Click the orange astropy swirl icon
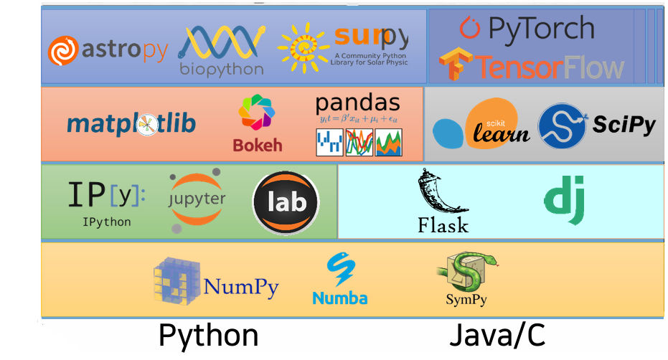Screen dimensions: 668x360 (x=64, y=51)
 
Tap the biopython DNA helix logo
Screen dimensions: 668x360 (x=221, y=44)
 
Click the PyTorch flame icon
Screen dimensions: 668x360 (x=470, y=28)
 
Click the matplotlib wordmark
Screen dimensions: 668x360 (x=131, y=124)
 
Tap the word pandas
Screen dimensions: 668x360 (x=358, y=102)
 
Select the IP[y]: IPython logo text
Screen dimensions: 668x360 (x=105, y=194)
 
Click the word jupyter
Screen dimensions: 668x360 (x=196, y=199)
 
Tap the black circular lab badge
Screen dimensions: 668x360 (x=286, y=202)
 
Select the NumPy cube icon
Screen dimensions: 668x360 (x=175, y=281)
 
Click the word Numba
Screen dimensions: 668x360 (x=339, y=298)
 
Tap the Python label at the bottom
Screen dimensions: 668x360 (x=208, y=336)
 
